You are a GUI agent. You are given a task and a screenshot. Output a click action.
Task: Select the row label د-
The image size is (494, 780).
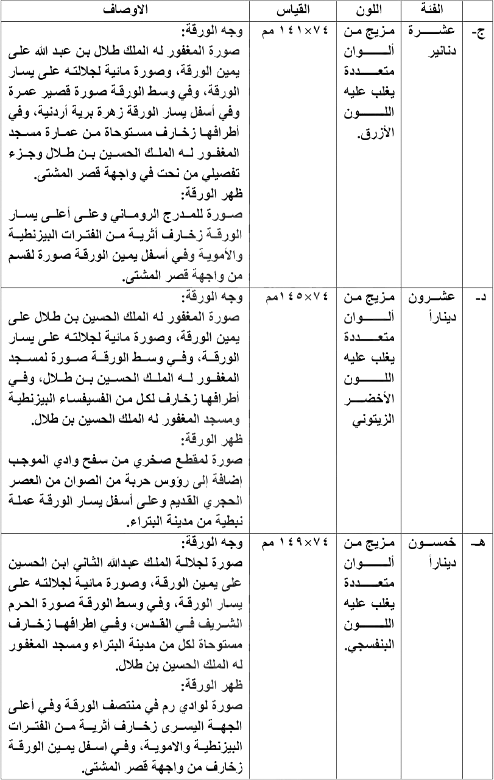[478, 297]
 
